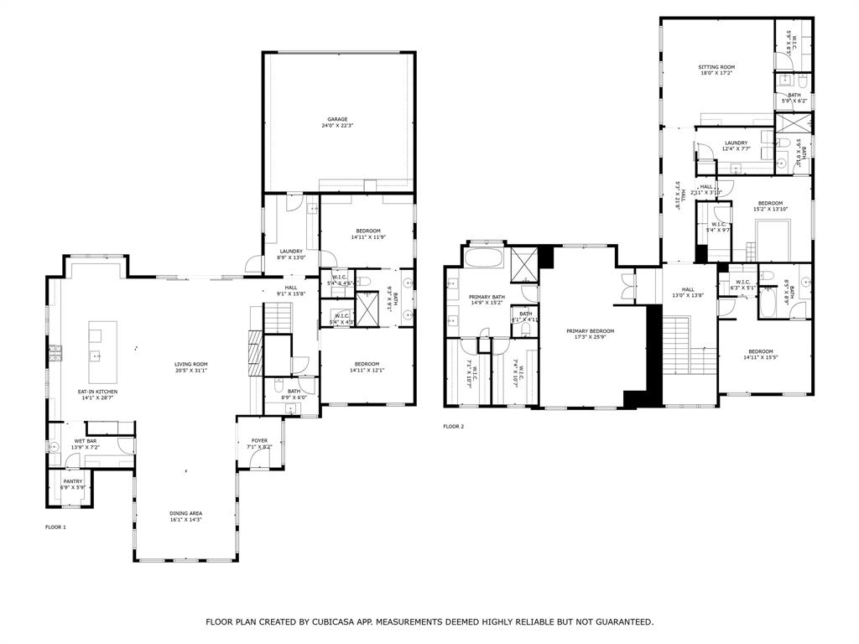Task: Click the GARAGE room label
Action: (x=337, y=119)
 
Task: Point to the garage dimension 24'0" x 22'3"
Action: (x=337, y=126)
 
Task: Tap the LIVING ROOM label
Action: (x=190, y=364)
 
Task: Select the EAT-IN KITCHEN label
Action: (x=97, y=392)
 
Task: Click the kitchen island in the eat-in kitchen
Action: (x=96, y=345)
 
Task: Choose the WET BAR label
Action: (x=86, y=441)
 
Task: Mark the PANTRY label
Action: (x=72, y=481)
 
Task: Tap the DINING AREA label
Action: (x=185, y=513)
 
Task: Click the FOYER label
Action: (x=259, y=440)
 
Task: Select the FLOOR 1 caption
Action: (x=55, y=527)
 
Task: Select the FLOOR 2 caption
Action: (x=453, y=427)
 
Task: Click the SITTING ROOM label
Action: (x=716, y=66)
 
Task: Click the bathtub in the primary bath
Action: (x=482, y=257)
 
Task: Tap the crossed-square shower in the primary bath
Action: (x=524, y=263)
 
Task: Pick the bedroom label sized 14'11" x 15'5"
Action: (x=761, y=351)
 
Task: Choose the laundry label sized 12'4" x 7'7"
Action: (x=736, y=143)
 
